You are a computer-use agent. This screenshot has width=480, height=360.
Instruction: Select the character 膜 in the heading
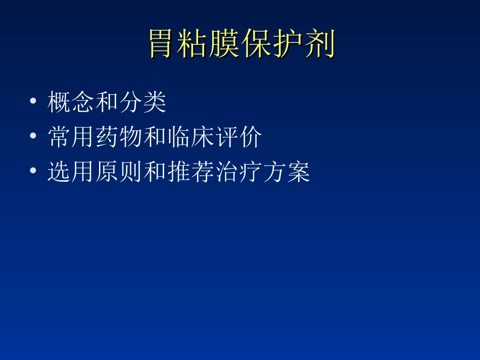point(226,44)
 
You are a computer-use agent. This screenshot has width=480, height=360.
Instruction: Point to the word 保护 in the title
point(273,44)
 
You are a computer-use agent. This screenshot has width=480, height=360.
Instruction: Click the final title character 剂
point(320,44)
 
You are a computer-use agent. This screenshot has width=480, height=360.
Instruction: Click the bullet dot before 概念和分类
point(33,102)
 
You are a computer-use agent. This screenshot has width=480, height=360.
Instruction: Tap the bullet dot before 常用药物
point(33,137)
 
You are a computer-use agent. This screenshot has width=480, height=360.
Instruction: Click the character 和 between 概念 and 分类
point(107,102)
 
